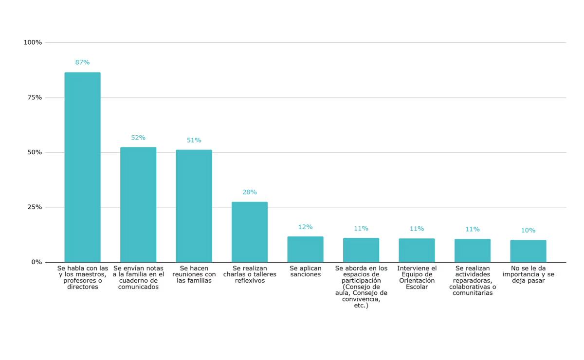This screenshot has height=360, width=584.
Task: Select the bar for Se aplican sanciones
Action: coord(305,249)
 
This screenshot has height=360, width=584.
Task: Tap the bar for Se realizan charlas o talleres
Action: coord(250,232)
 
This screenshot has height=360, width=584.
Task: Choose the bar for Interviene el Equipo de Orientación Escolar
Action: coord(417,250)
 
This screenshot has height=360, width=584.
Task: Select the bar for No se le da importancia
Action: coord(528,251)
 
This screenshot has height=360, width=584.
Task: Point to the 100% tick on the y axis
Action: coord(33,43)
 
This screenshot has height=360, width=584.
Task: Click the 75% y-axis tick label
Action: coord(35,97)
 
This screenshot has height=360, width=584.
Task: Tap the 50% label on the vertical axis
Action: coord(35,152)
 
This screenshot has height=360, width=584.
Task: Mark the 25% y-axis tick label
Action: coord(35,207)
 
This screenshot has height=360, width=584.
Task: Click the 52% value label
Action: coord(138,138)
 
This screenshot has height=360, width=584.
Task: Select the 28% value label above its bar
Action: coord(250,192)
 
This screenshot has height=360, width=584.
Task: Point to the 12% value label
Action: coord(305,227)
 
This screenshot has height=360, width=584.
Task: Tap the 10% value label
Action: coord(528,231)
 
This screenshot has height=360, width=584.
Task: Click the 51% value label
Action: coord(194,140)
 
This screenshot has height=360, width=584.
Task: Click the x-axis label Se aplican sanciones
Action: coord(305,271)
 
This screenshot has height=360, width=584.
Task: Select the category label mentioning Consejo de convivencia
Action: coord(361,287)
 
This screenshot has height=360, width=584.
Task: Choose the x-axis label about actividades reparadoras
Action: coord(473,281)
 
